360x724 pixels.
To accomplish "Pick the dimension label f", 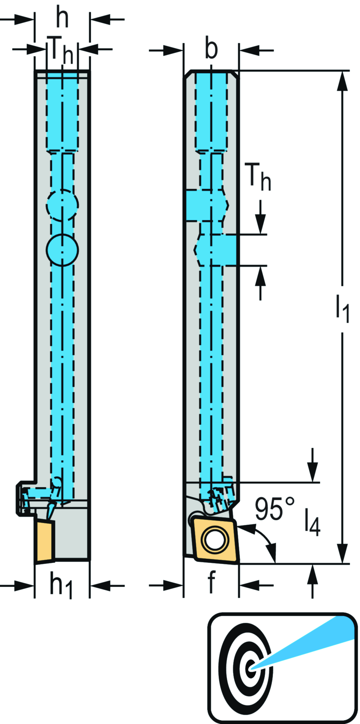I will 211,582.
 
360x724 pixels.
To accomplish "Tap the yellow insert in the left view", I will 45,542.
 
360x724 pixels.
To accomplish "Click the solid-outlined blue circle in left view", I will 62,250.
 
